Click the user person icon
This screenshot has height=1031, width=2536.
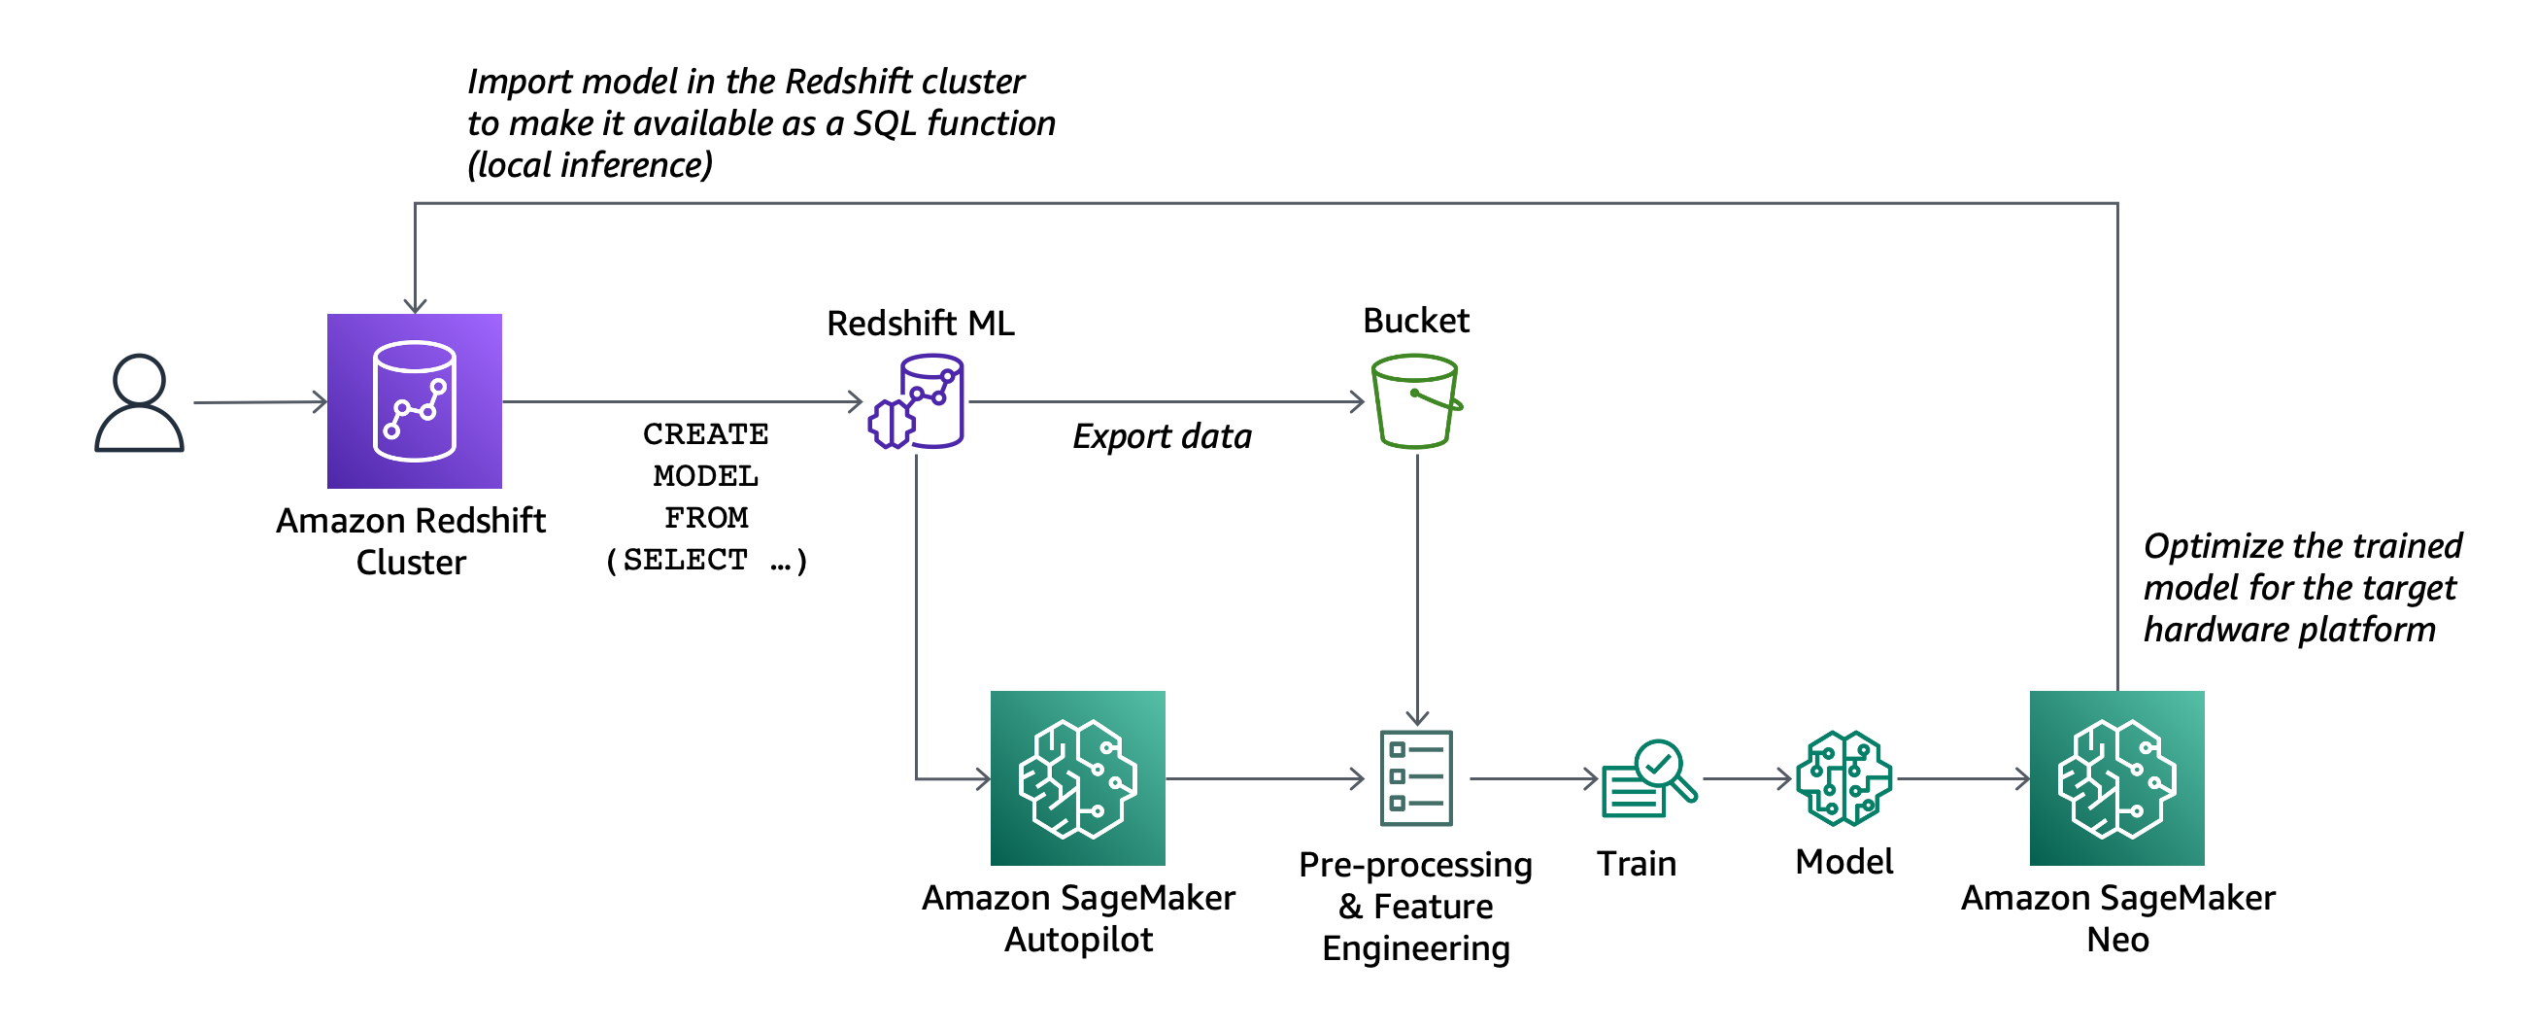pyautogui.click(x=139, y=402)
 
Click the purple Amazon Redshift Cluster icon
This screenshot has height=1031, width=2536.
pyautogui.click(x=415, y=400)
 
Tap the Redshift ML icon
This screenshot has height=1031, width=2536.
pyautogui.click(x=917, y=401)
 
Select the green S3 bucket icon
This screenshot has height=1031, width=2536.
pyautogui.click(x=1416, y=401)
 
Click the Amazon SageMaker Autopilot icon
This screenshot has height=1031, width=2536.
pyautogui.click(x=1077, y=778)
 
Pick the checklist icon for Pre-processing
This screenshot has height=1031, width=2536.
pyautogui.click(x=1416, y=778)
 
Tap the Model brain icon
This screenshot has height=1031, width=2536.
pyautogui.click(x=1843, y=778)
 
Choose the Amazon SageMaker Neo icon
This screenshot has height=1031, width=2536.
pyautogui.click(x=2116, y=778)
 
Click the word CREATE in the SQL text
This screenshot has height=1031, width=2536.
pyautogui.click(x=706, y=434)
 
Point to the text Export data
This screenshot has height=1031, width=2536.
pyautogui.click(x=1162, y=436)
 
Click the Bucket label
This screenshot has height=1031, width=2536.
pyautogui.click(x=1416, y=321)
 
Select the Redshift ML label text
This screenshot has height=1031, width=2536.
pyautogui.click(x=921, y=323)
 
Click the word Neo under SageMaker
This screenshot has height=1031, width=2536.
pyautogui.click(x=2117, y=940)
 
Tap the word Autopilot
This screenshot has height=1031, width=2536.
pyautogui.click(x=1078, y=940)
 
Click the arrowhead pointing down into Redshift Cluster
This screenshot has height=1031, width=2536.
pyautogui.click(x=416, y=304)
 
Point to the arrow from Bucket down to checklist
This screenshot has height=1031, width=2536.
pyautogui.click(x=1417, y=591)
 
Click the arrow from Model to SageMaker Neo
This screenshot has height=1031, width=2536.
pyautogui.click(x=1963, y=779)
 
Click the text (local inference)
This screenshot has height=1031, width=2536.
pyautogui.click(x=590, y=164)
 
